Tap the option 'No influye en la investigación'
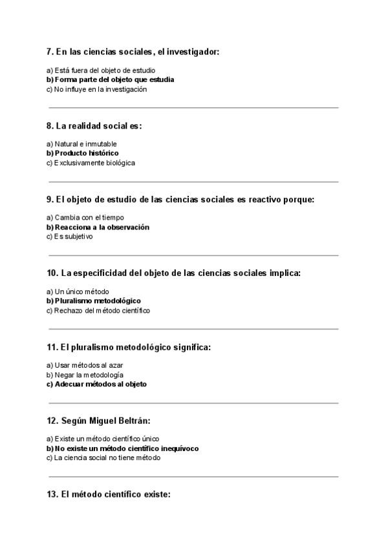pos(96,89)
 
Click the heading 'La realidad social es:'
pos(94,126)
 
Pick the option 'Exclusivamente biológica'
pos(91,163)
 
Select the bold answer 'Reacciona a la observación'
pos(98,227)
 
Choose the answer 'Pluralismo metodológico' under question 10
pos(93,300)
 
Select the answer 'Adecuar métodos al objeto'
pos(96,384)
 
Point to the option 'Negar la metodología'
pos(85,375)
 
